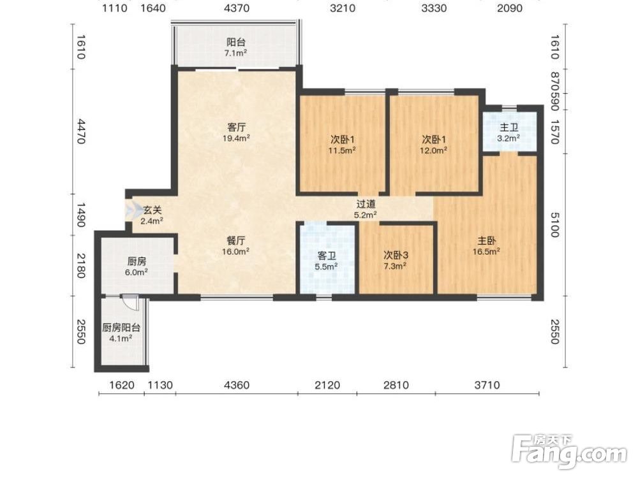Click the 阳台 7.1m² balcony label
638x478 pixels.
(x=236, y=47)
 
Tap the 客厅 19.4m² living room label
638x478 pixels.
(x=236, y=133)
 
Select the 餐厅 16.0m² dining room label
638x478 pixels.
(x=235, y=246)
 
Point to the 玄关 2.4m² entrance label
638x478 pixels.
(x=152, y=215)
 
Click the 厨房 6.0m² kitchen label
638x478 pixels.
(x=137, y=266)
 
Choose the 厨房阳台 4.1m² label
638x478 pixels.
(x=121, y=333)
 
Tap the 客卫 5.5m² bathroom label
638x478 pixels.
(x=326, y=261)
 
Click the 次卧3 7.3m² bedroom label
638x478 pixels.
(x=396, y=261)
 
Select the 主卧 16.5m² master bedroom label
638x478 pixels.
(x=486, y=246)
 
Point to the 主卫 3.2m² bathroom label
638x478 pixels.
(x=508, y=133)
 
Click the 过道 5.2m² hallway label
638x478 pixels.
(x=366, y=209)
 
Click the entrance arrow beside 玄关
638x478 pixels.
(x=131, y=210)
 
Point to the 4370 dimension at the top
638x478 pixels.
(x=237, y=8)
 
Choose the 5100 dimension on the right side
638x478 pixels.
(x=554, y=224)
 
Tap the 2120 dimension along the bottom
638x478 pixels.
(x=327, y=384)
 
